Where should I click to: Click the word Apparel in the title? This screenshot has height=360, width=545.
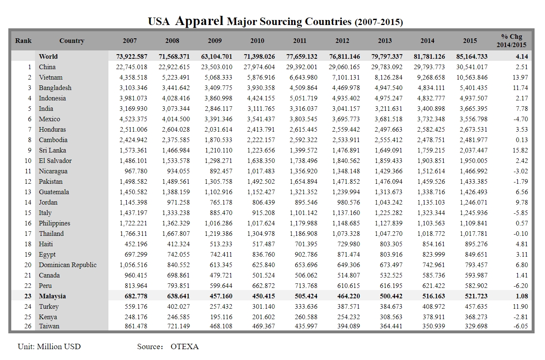point(199,21)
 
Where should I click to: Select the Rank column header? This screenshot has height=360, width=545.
point(23,41)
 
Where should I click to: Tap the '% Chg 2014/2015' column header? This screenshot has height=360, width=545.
point(511,41)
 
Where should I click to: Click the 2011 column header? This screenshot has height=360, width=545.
point(299,41)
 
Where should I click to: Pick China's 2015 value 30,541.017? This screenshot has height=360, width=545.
point(470,67)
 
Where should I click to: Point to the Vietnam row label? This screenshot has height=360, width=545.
point(50,77)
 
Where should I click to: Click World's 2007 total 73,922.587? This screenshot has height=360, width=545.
point(130,57)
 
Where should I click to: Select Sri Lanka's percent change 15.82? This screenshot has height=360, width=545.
point(521,150)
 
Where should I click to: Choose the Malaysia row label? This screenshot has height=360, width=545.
point(52,296)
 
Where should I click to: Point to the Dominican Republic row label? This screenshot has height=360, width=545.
point(68,265)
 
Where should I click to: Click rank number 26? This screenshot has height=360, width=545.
point(28,326)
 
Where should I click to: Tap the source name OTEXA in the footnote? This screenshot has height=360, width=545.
point(184,347)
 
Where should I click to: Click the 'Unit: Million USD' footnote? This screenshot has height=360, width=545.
point(49,347)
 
